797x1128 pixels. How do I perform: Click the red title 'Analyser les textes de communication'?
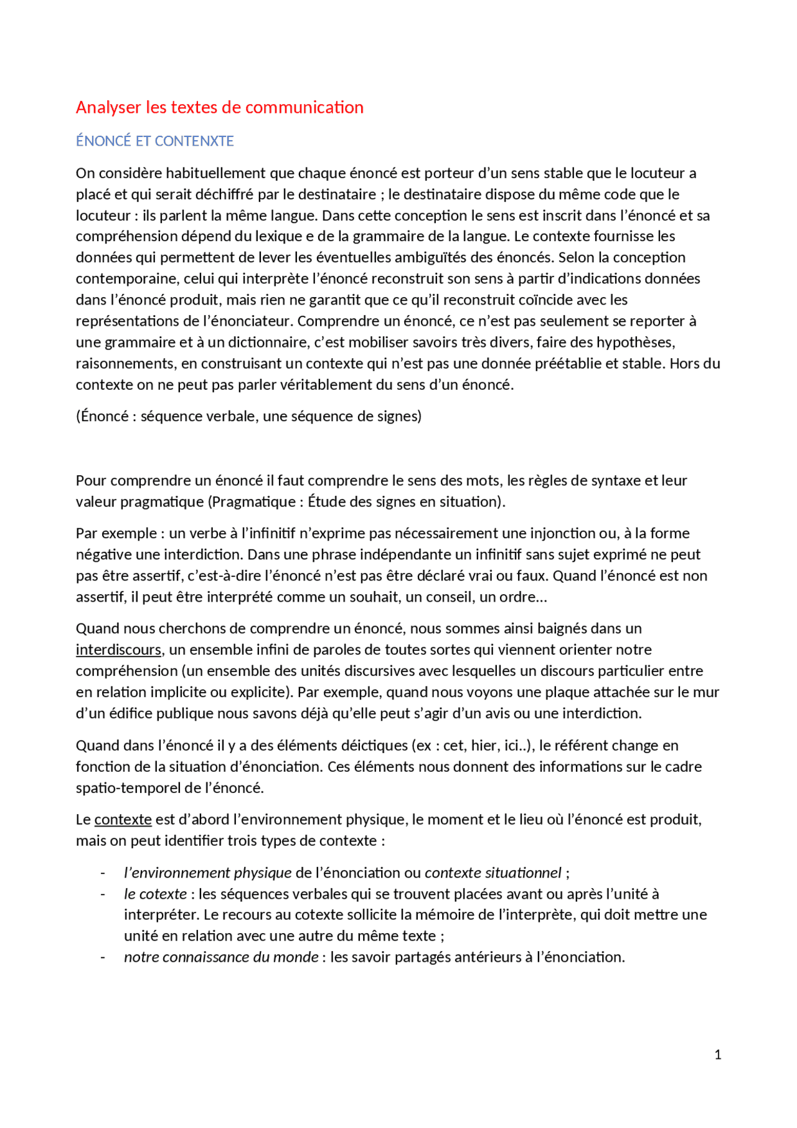(219, 107)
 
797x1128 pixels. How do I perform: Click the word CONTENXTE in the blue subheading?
(194, 141)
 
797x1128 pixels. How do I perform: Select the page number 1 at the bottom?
(718, 1055)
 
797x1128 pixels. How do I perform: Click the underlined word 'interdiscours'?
(118, 650)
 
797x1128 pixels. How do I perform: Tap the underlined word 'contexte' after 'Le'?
(123, 820)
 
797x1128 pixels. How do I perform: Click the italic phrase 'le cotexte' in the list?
(155, 894)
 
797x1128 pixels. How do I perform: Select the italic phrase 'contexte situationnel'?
(493, 873)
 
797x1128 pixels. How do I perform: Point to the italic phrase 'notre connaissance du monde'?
(221, 957)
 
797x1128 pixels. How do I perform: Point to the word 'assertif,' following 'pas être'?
(155, 576)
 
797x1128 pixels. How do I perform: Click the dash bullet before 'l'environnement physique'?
(103, 873)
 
